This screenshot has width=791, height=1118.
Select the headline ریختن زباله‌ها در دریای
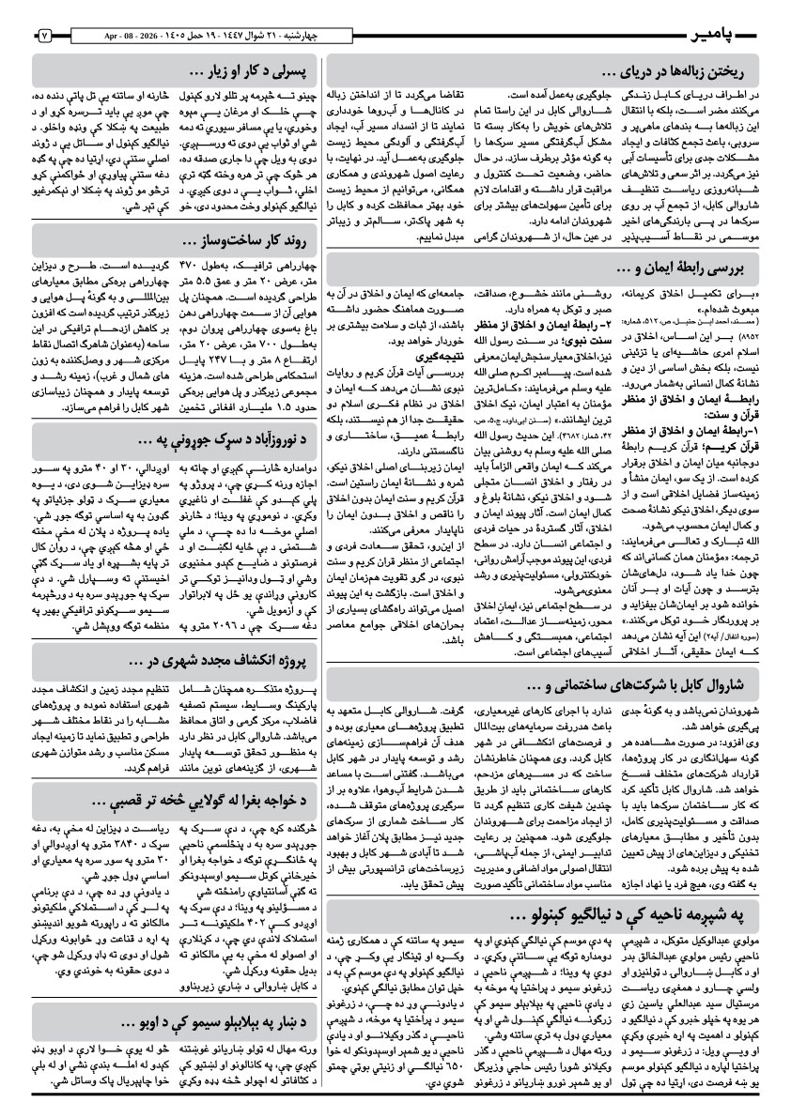675,69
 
